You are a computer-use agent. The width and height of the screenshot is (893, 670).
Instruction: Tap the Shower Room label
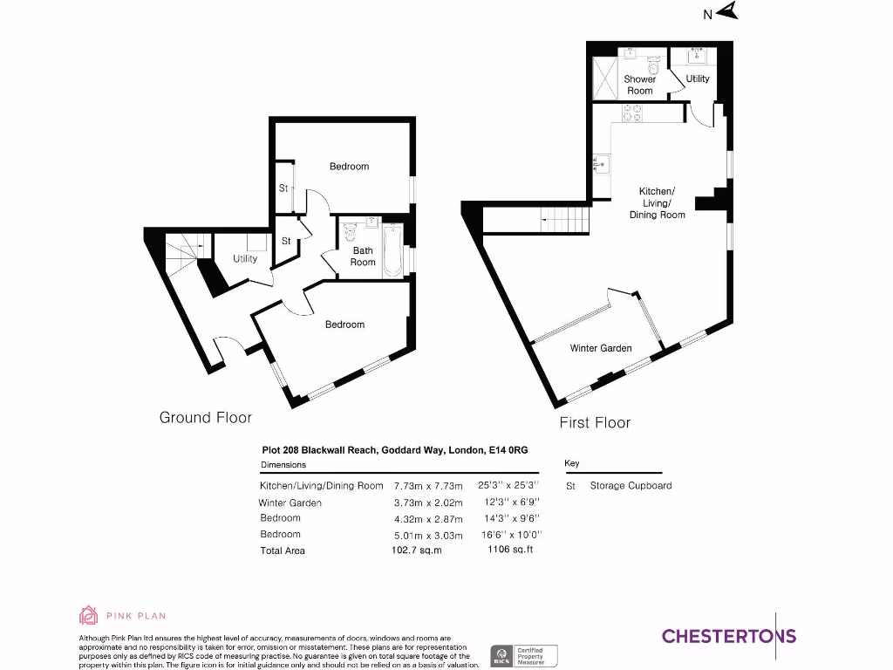pyautogui.click(x=639, y=85)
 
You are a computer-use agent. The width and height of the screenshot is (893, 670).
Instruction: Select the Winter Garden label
pyautogui.click(x=601, y=348)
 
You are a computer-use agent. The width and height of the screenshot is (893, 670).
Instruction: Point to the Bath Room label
pyautogui.click(x=363, y=256)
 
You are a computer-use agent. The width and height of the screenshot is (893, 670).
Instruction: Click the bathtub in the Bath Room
pyautogui.click(x=392, y=251)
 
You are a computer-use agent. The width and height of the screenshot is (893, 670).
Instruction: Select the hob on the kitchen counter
pyautogui.click(x=631, y=113)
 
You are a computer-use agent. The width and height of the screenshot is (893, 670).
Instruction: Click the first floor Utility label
pyautogui.click(x=698, y=79)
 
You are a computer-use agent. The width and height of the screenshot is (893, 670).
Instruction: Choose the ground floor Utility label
pyautogui.click(x=245, y=259)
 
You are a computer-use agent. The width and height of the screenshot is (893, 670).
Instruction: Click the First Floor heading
pyautogui.click(x=595, y=423)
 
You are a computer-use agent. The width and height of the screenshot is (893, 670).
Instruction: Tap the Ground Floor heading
pyautogui.click(x=205, y=418)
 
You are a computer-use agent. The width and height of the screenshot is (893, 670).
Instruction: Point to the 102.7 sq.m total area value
pyautogui.click(x=417, y=550)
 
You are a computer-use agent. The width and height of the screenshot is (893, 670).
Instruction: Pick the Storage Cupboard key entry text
pyautogui.click(x=631, y=486)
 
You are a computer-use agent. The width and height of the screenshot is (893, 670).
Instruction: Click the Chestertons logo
pyautogui.click(x=729, y=636)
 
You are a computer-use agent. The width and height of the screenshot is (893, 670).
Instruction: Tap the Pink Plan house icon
pyautogui.click(x=88, y=616)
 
